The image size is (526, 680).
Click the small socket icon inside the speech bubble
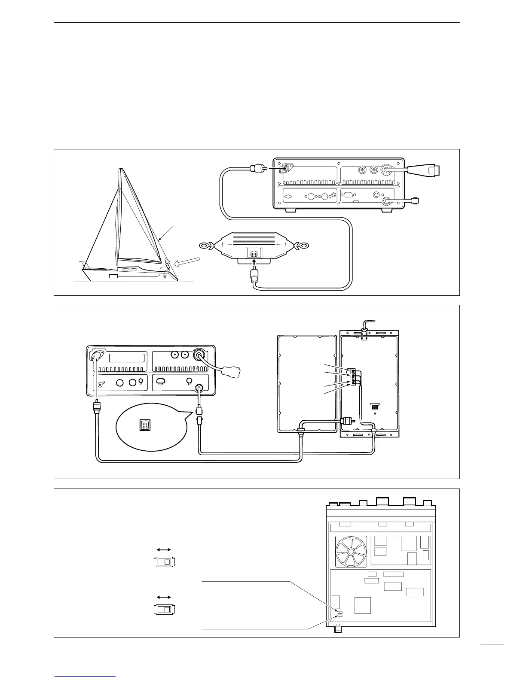[x=144, y=425]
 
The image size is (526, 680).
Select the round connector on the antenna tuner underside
[x=254, y=254]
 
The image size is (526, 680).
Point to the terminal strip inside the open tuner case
[x=352, y=376]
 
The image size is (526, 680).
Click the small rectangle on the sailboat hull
[x=113, y=276]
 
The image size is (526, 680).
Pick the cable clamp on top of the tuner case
[x=364, y=333]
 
